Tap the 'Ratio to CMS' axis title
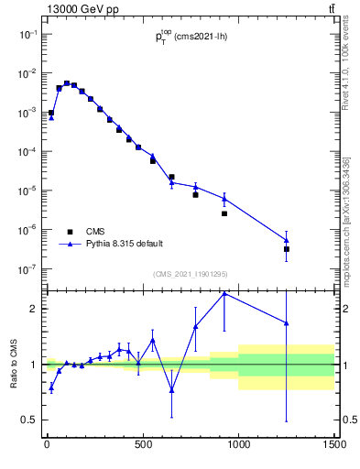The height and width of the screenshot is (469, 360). coord(15,364)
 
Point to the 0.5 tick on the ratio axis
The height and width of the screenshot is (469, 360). coord(32,420)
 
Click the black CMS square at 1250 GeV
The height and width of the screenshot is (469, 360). coord(287,249)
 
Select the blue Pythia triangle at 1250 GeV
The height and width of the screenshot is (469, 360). coord(287,240)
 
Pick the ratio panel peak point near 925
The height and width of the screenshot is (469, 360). coord(224,293)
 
